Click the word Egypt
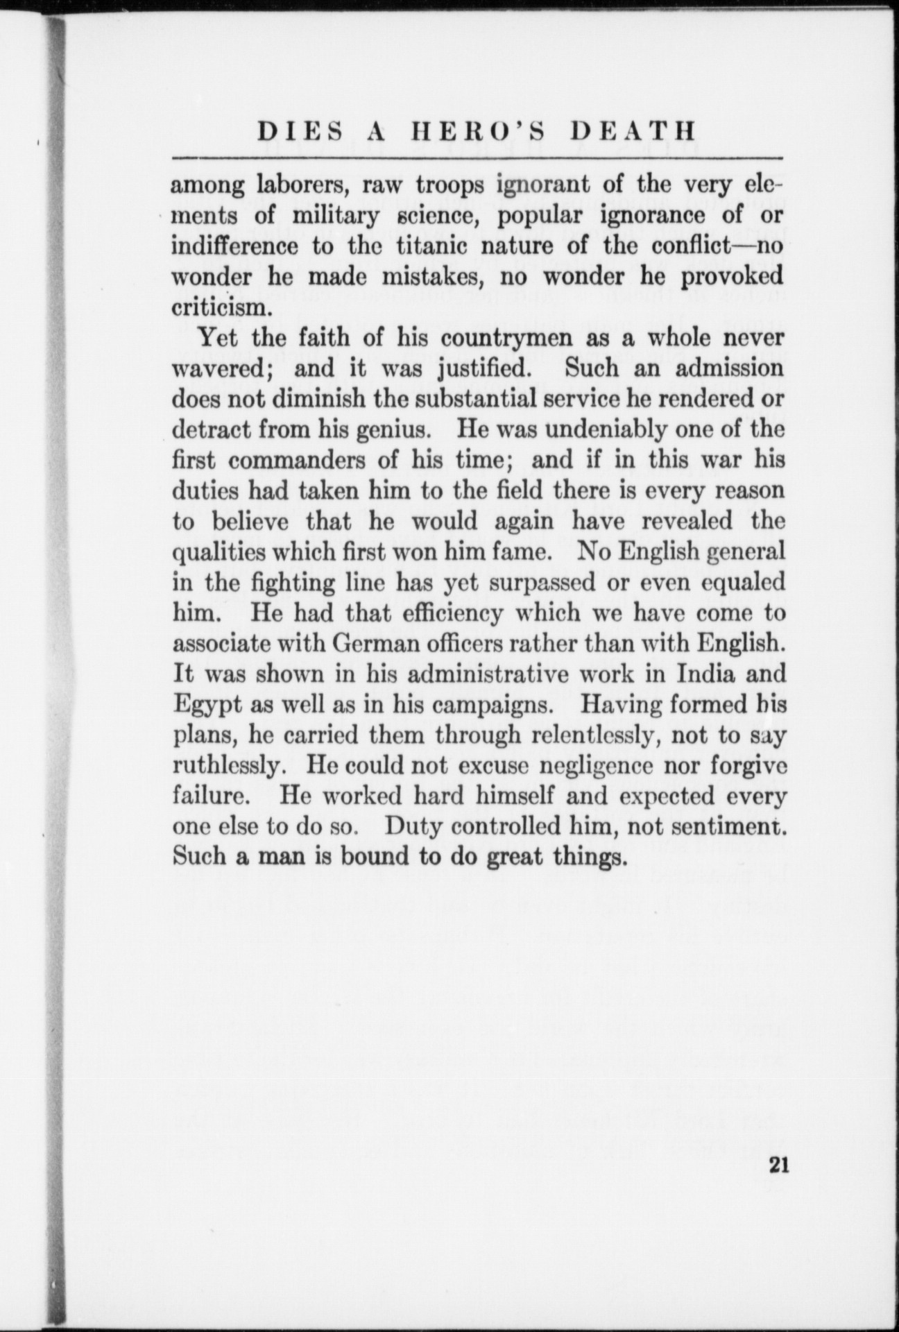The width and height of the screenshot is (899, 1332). click(203, 706)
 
